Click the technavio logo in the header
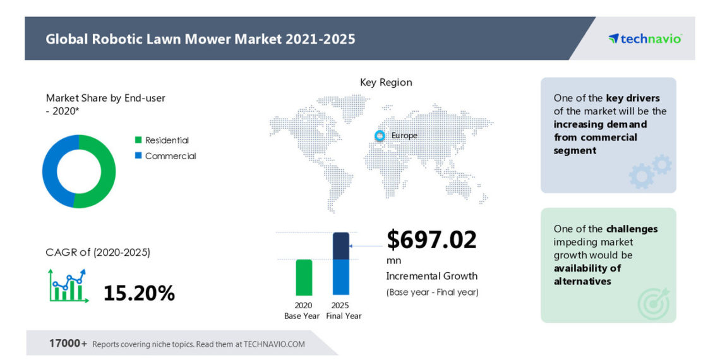[645, 39]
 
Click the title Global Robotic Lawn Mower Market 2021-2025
[200, 39]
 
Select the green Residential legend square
[138, 140]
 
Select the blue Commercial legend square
[138, 156]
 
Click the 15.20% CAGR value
[139, 293]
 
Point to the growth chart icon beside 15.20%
[68, 285]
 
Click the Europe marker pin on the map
[380, 135]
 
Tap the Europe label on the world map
[404, 135]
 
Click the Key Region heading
[386, 82]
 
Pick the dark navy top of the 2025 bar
[341, 246]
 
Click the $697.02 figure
[431, 240]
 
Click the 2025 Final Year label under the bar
[344, 311]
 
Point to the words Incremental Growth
[431, 276]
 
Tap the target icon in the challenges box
[652, 304]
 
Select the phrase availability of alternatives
[587, 275]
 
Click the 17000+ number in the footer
[68, 344]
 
